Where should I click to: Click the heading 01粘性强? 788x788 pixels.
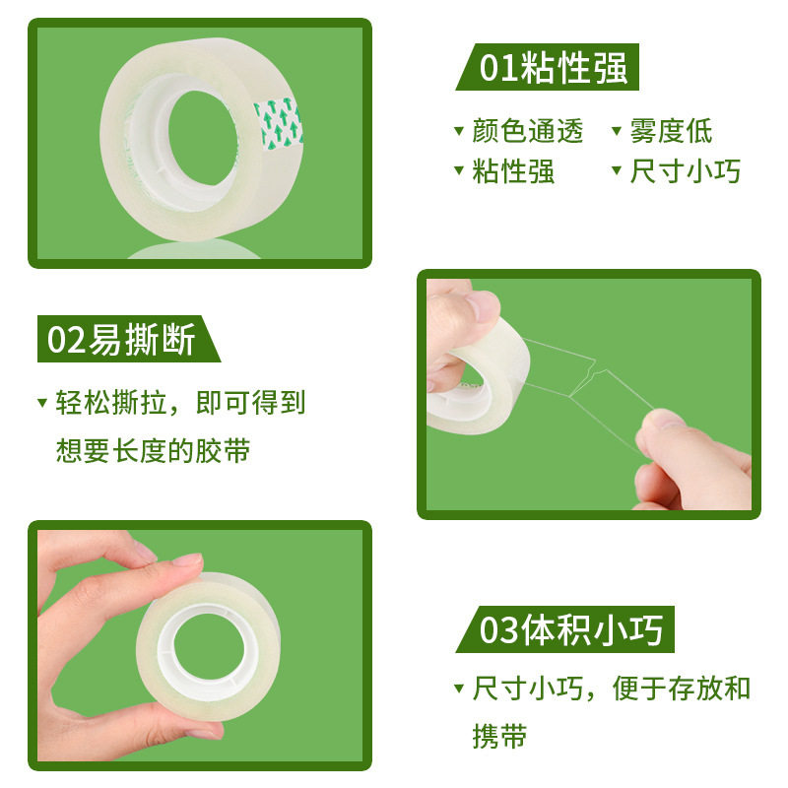coord(553,68)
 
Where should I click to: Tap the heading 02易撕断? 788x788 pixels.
coord(122,339)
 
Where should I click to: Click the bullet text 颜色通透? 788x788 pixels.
coord(528,131)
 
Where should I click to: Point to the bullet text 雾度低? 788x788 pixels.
coord(672,131)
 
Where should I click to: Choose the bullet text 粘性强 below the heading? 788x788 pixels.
coord(513,171)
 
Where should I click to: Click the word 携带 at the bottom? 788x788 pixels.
coord(499,735)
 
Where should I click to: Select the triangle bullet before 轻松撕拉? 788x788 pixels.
coord(41,403)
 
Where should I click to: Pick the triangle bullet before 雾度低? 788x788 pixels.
coord(617,131)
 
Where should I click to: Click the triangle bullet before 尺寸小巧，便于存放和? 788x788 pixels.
coord(458,688)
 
